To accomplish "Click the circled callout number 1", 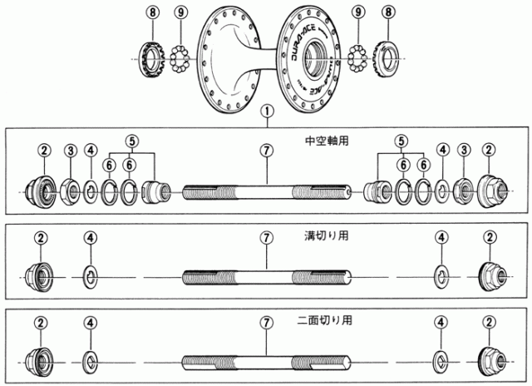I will (266, 110).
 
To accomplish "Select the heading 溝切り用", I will (326, 235).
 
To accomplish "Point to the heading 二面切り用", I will (329, 319).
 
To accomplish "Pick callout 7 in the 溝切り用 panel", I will (266, 237).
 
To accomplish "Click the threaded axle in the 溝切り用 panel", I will (266, 275).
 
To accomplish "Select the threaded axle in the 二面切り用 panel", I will (266, 360).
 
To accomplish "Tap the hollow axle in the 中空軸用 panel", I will (266, 192).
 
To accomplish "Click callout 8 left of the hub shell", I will (150, 12).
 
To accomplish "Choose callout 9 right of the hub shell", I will (358, 12).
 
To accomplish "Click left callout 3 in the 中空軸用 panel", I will (71, 150).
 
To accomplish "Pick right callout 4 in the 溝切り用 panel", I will (441, 237).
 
